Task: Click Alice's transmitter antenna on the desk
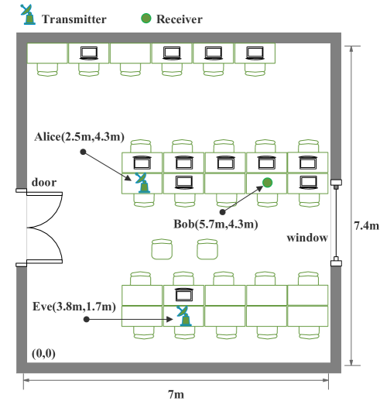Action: [142, 183]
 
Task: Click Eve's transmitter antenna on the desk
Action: [183, 315]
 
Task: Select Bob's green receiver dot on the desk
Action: [266, 182]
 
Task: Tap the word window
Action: [307, 238]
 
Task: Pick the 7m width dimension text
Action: [177, 392]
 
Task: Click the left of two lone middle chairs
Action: [162, 248]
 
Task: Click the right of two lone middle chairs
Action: [205, 248]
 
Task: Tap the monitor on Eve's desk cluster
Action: [183, 295]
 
